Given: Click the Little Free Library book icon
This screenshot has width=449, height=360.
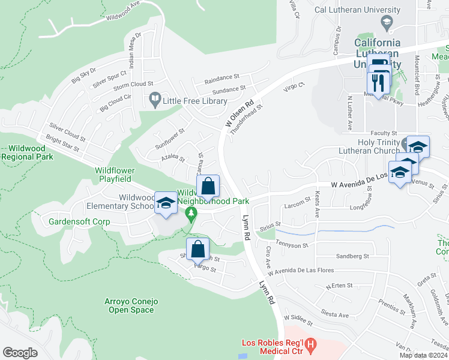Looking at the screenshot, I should (x=155, y=98).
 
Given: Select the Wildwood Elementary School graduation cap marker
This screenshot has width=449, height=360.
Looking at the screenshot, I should (x=166, y=203).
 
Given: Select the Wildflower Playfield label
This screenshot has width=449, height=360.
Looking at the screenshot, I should (x=122, y=175).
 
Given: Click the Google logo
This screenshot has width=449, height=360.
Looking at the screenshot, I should (x=20, y=353).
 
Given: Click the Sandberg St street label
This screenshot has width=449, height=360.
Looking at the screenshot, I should (x=353, y=256).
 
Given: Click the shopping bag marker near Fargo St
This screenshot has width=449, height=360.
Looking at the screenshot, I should (x=197, y=248).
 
